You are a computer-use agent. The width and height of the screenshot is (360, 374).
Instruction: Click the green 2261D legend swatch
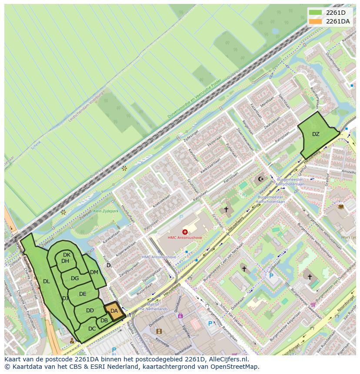[316, 13]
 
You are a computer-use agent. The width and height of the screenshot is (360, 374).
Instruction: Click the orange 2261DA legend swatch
[316, 21]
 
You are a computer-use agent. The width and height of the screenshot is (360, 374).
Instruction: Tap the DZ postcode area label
[316, 134]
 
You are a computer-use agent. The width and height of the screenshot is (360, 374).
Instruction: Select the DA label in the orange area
[114, 311]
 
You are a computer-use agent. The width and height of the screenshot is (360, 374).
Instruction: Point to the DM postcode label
[94, 272]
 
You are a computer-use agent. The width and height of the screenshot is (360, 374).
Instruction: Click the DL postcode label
[47, 281]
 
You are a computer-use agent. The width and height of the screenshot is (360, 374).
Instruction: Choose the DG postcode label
[75, 278]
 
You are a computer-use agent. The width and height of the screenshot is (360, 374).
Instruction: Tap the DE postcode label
[83, 294]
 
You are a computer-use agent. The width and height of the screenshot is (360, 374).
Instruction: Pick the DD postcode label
[90, 311]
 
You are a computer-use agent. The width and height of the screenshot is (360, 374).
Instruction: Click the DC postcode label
[92, 329]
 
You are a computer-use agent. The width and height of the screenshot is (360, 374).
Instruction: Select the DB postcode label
[104, 321]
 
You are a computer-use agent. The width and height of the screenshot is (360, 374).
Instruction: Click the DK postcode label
[67, 255]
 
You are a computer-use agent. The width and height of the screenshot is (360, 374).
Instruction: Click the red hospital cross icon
[185, 232]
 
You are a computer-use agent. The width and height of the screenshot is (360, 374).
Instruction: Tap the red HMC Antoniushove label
[185, 238]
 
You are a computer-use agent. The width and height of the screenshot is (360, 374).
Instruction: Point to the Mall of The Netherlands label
[153, 307]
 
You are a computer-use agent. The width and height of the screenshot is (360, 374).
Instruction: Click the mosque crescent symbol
[261, 179]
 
